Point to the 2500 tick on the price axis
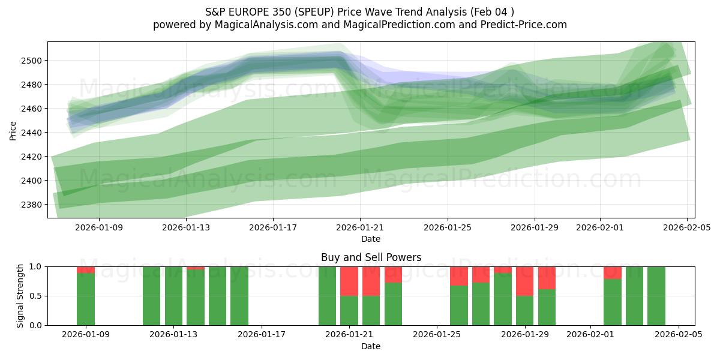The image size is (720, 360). coord(33,61)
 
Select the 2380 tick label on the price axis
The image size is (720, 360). coord(33,205)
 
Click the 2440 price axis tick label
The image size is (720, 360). coord(33,133)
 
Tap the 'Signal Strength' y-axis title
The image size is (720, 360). coord(20,296)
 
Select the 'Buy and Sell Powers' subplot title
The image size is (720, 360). coord(371,257)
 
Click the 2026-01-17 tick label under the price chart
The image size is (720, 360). coord(272,228)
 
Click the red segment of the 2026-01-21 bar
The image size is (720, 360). coord(349,281)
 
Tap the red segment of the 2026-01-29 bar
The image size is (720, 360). coord(525,281)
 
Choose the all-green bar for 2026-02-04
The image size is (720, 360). coord(656,296)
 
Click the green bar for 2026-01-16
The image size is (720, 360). coord(239,296)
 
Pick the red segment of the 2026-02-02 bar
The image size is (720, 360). coord(613,272)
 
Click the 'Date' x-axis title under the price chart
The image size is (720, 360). coord(371,239)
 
